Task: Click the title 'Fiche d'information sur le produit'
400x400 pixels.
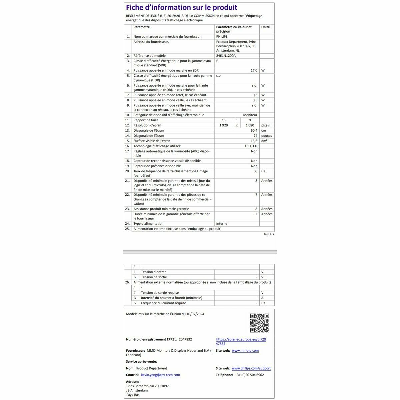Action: click(181, 8)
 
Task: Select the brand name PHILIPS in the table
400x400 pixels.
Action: click(222, 37)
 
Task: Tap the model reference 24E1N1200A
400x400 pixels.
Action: click(226, 56)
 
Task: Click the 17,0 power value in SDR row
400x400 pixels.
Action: click(254, 71)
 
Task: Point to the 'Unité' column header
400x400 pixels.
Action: click(265, 27)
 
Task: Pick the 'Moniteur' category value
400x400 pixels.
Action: click(250, 115)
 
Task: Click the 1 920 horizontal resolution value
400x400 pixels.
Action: click(223, 125)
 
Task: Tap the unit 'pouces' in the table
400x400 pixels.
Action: click(266, 136)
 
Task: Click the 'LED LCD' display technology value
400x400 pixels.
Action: click(251, 146)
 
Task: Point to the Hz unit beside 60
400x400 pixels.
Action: click(263, 171)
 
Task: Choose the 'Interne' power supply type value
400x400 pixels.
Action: click(222, 224)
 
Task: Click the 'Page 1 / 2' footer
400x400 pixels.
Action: click(269, 234)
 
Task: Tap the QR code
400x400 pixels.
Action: click(259, 323)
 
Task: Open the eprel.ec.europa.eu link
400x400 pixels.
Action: click(241, 341)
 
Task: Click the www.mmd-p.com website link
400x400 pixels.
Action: click(245, 351)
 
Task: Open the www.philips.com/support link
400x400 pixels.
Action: click(251, 368)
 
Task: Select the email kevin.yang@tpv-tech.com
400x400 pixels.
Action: click(160, 375)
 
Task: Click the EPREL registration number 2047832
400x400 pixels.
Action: click(185, 339)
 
